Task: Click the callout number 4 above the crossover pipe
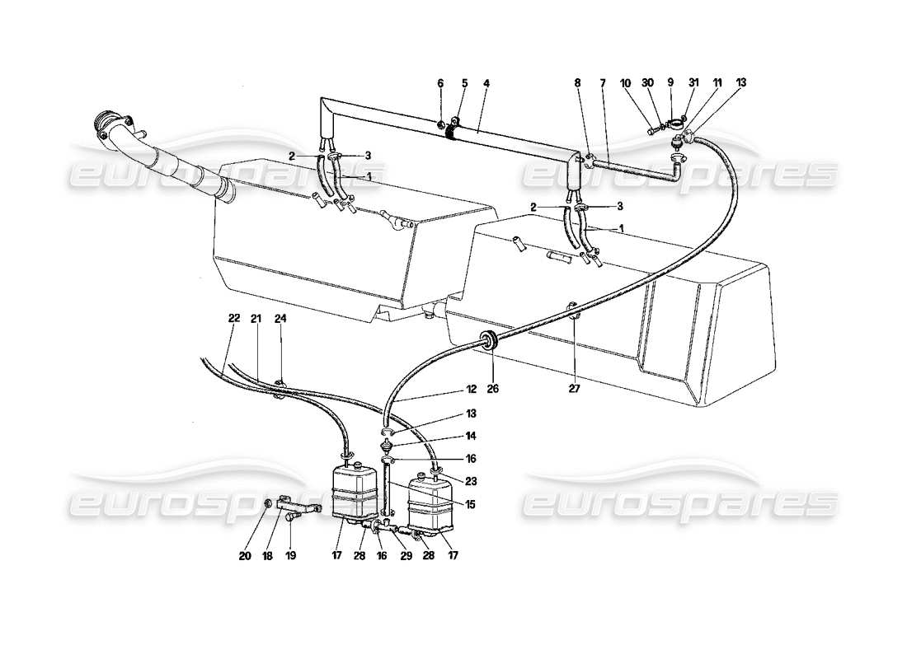coord(486,83)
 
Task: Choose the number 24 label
coord(280,319)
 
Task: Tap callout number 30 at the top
coord(647,83)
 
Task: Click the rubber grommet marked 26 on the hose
coord(490,339)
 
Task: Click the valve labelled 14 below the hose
coord(387,446)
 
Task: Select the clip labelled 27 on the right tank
coord(572,314)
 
